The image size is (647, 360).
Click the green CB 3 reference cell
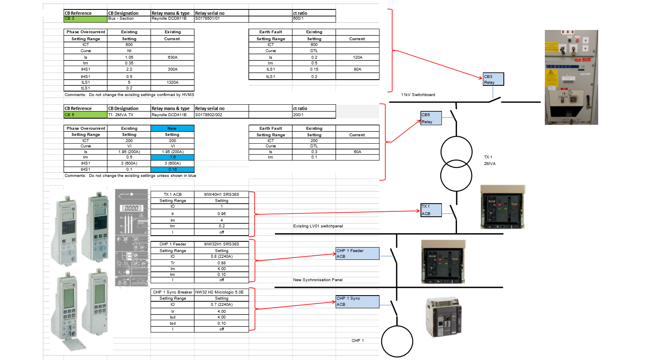point(85,19)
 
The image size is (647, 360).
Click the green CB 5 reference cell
point(85,115)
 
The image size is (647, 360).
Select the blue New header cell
point(172,128)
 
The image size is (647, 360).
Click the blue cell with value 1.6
point(172,157)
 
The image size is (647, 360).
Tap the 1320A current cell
point(172,83)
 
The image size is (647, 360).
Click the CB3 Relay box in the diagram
point(493,79)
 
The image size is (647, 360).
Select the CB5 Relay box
point(431,118)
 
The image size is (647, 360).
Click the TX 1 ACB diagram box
point(431,210)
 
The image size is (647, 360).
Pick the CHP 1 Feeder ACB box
point(357,253)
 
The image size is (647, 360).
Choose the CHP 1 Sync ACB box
point(357,301)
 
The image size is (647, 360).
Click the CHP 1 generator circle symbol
point(397,341)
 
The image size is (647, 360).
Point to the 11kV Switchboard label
point(418,95)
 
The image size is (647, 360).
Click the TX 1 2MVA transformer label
point(489,161)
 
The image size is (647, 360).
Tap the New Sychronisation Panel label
point(318,280)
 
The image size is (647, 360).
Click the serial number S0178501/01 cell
point(222,19)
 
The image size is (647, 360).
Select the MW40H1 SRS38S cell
point(222,195)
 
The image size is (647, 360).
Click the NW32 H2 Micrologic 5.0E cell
point(222,292)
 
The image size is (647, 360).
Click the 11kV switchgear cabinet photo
point(571,77)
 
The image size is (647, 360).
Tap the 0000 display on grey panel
point(131,208)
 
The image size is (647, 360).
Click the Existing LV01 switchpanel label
point(318,226)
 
